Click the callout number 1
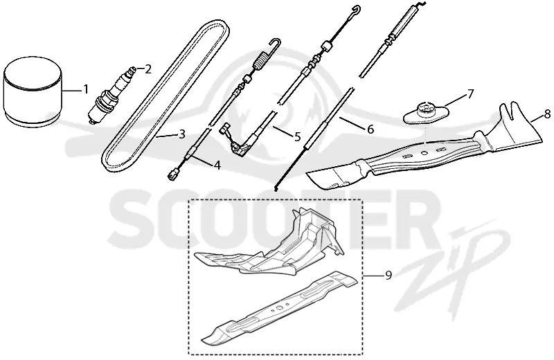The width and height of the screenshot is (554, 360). (85, 89)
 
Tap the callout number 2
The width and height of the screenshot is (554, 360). (148, 69)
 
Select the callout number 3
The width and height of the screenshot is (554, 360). (182, 134)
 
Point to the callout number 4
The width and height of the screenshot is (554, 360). (217, 165)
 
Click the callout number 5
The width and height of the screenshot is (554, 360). (297, 136)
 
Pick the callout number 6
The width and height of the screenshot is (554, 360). (370, 129)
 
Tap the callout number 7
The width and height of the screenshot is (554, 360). (470, 94)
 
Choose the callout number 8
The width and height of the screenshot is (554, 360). (547, 114)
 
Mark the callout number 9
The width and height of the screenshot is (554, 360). (388, 275)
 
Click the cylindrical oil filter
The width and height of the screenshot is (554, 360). (33, 92)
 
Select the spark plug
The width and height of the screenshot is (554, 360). (111, 94)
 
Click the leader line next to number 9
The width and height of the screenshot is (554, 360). (373, 275)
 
